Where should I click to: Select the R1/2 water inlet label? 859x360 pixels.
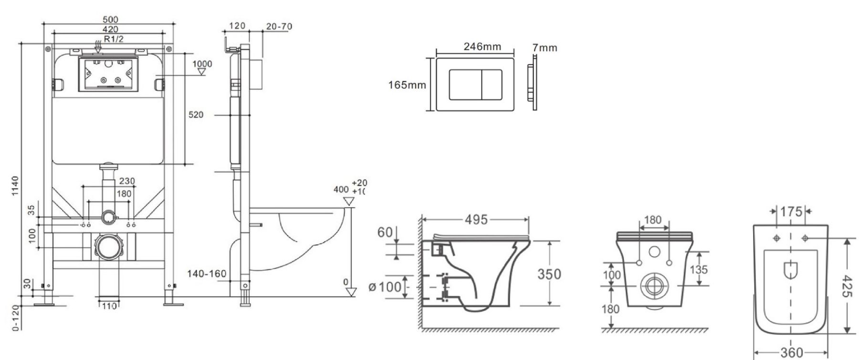[x=113, y=39]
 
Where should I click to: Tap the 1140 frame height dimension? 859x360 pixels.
[x=15, y=186]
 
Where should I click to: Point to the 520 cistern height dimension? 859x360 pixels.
[x=196, y=115]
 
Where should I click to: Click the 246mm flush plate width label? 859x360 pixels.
[x=482, y=46]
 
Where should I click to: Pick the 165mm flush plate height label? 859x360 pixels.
[x=407, y=85]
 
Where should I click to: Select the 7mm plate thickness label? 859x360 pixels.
[x=545, y=48]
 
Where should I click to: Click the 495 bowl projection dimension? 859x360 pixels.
[x=476, y=220]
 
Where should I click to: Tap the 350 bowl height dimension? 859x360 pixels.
[x=549, y=274]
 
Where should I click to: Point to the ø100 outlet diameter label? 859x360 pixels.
[x=384, y=288]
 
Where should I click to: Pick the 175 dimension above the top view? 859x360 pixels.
[x=791, y=212]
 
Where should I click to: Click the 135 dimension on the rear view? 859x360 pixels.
[x=699, y=269]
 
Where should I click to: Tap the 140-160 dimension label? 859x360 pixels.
[x=207, y=274]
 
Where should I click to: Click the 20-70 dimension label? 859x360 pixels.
[x=279, y=26]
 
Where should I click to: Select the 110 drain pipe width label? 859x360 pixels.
[x=109, y=306]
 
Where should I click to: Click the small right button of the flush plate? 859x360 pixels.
[x=492, y=84]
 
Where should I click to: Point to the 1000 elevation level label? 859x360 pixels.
[x=202, y=64]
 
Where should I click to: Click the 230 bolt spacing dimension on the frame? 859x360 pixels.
[x=127, y=181]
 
